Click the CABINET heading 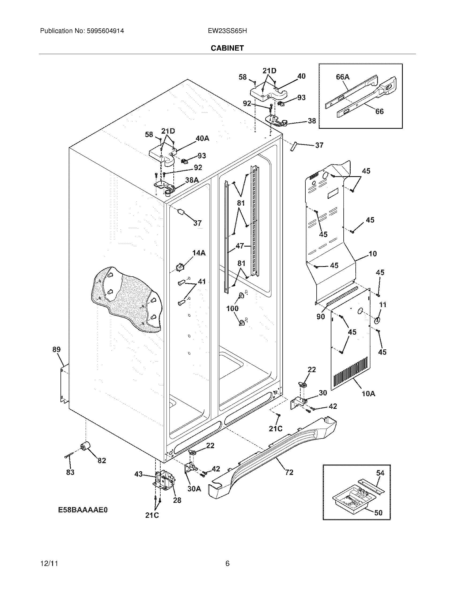click(227, 48)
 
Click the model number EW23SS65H click(227, 31)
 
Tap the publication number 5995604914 click(105, 31)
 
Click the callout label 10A click(368, 394)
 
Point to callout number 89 click(56, 349)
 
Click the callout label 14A click(199, 253)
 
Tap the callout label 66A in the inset click(343, 77)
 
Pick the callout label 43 click(138, 474)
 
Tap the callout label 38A click(192, 180)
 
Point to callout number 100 click(232, 308)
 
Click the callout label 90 click(320, 317)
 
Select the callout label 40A click(202, 138)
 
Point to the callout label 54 click(380, 473)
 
